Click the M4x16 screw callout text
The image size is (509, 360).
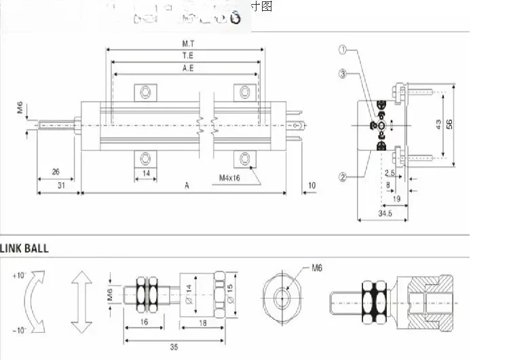230,178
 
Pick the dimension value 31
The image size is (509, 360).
61,185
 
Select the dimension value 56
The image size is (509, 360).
449,124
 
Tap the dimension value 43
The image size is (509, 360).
438,124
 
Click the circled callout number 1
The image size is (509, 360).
343,50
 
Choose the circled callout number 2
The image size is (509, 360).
343,177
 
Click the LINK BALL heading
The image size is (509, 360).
25,249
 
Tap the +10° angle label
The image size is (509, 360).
18,275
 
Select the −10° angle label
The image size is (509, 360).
18,329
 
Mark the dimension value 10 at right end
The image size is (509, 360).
312,185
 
